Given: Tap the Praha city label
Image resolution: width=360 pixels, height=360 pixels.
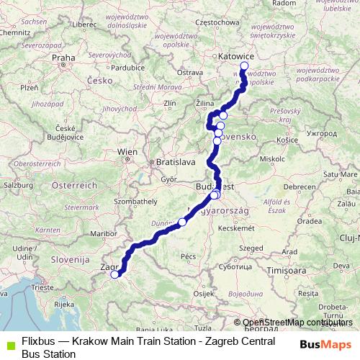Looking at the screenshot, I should click(63, 58).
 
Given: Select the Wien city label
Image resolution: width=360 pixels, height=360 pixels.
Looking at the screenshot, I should click(127, 151).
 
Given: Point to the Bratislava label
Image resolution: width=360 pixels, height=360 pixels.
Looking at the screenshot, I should click(176, 162).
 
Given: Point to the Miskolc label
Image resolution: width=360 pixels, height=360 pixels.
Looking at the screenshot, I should click(272, 158).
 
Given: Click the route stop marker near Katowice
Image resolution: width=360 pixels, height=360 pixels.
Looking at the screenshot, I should click(244, 66).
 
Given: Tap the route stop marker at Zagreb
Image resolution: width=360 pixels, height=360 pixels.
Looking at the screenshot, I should click(114, 274).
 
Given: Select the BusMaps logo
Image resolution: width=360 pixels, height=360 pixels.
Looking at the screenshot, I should click(325, 345).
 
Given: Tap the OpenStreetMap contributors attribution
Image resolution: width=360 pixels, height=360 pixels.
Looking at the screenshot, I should click(297, 323).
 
